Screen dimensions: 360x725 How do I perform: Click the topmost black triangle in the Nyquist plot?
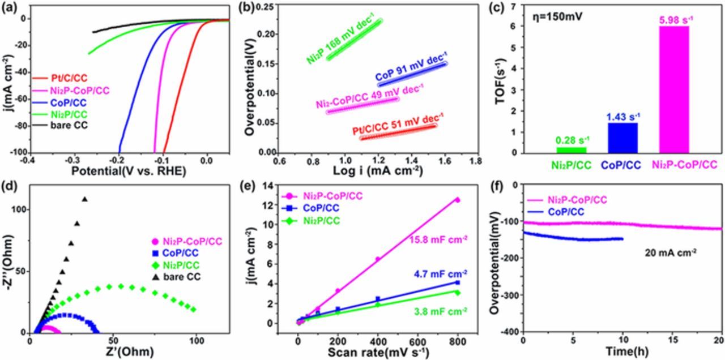[85, 199]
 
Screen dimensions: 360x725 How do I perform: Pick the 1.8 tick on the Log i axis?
[476, 161]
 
